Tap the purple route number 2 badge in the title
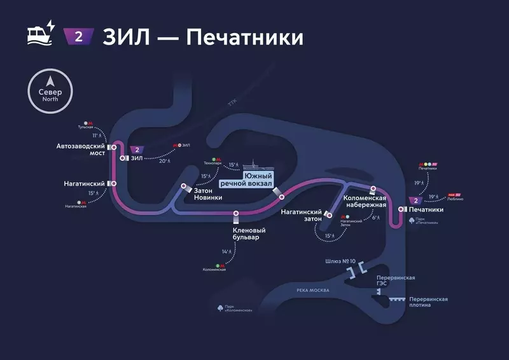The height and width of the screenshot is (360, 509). pyautogui.click(x=79, y=36)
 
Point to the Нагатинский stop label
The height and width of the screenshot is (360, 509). pyautogui.click(x=84, y=183)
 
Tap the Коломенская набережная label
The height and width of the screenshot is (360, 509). pyautogui.click(x=365, y=202)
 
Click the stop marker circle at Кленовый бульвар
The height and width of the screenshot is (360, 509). pyautogui.click(x=236, y=213)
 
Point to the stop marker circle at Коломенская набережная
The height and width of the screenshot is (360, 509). pyautogui.click(x=373, y=189)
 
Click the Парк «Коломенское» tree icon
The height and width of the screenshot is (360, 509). pyautogui.click(x=220, y=308)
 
